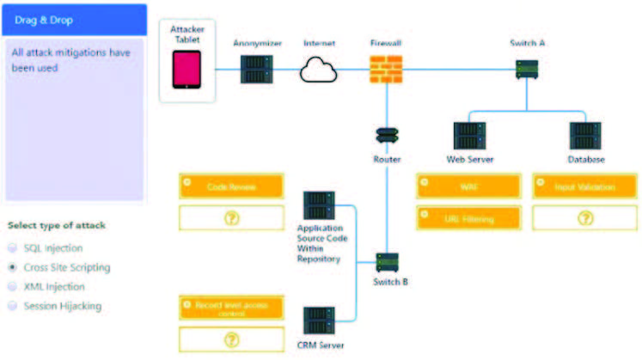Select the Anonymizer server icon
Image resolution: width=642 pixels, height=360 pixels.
254,69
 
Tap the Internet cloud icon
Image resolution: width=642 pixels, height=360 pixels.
318,69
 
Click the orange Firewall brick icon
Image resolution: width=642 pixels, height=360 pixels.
386,69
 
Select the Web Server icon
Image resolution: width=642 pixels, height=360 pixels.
469,136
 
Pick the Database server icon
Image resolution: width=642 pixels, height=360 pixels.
585,136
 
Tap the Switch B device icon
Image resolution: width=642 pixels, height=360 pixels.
388,262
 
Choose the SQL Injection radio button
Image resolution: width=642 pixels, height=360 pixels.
12,248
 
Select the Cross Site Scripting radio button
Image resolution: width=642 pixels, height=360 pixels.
12,267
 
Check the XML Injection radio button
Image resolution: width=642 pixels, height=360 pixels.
12,286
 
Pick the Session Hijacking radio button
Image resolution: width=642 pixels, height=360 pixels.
12,305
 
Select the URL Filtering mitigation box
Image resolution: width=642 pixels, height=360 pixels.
468,218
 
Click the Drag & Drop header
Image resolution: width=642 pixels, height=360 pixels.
73,19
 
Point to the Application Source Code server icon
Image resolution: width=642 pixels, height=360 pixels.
319,206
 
